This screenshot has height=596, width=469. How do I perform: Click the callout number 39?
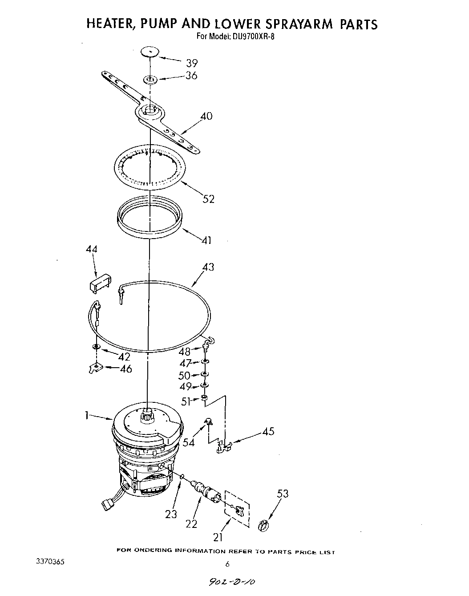[x=192, y=63]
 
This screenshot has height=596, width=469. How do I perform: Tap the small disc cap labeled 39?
[x=150, y=52]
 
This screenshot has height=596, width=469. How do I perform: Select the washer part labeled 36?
[x=150, y=80]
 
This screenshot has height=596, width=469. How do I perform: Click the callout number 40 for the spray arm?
[x=206, y=117]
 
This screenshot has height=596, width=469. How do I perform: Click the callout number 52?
[x=208, y=199]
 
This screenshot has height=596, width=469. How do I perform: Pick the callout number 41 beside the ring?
[x=206, y=240]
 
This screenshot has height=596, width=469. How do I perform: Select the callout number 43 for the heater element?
[x=208, y=267]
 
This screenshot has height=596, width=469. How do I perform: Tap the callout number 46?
[x=126, y=369]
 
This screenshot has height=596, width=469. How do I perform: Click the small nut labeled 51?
[x=204, y=397]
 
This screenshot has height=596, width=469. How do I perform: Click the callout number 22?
[x=191, y=524]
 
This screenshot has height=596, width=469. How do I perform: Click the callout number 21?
[x=218, y=537]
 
